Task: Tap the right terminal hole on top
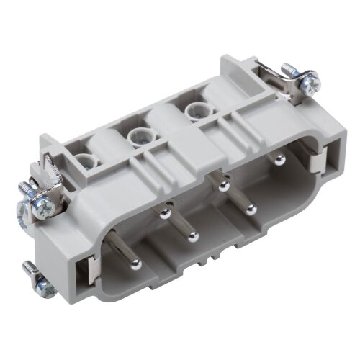(x=193, y=111)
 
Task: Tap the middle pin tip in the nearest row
(x=192, y=235)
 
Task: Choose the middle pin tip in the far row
(x=225, y=186)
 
